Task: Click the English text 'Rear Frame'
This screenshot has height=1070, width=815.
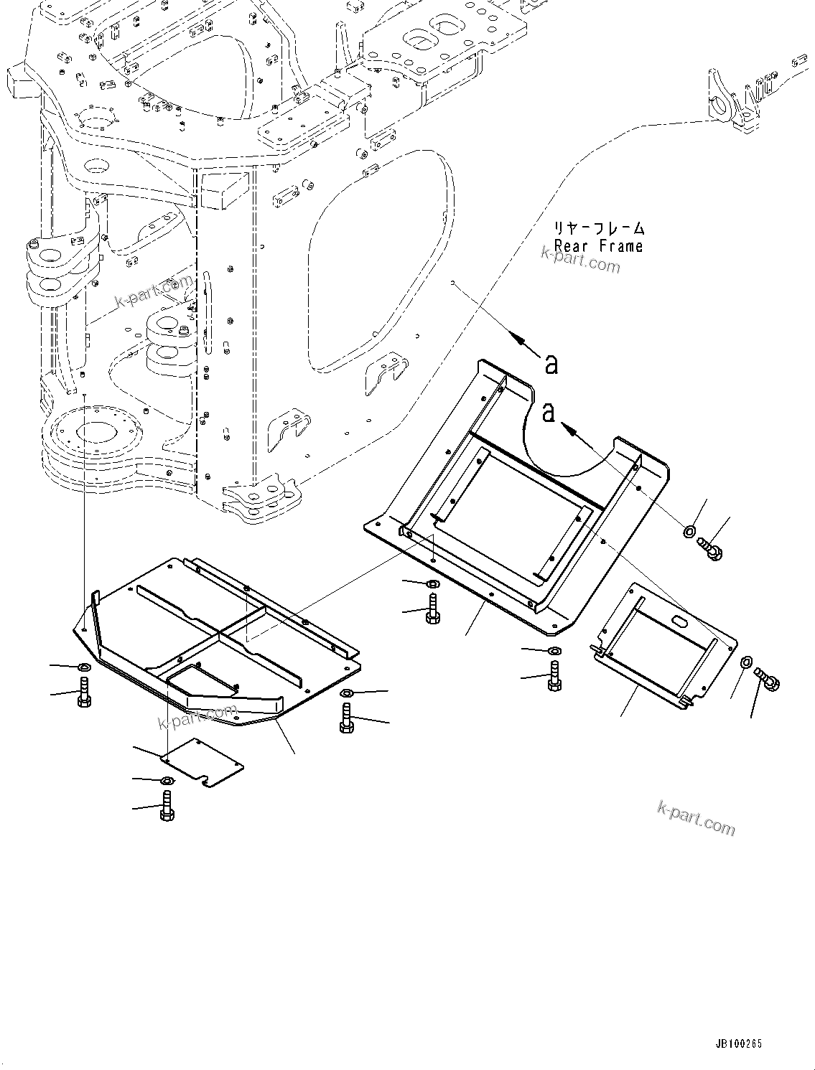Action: pos(598,246)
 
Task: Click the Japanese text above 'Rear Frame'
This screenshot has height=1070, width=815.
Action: pos(598,229)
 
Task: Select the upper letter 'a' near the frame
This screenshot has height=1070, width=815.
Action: pos(551,365)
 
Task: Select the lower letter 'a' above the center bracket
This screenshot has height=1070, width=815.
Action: pos(549,413)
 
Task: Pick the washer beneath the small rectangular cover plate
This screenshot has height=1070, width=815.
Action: pos(166,780)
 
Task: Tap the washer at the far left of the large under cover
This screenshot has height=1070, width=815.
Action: pos(83,668)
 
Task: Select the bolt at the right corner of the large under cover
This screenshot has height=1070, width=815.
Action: pos(347,718)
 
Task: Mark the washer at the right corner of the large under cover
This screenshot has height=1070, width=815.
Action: pos(346,693)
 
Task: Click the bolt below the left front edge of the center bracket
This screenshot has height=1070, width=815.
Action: pos(433,609)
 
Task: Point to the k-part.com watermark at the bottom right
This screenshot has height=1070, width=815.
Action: pos(696,818)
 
